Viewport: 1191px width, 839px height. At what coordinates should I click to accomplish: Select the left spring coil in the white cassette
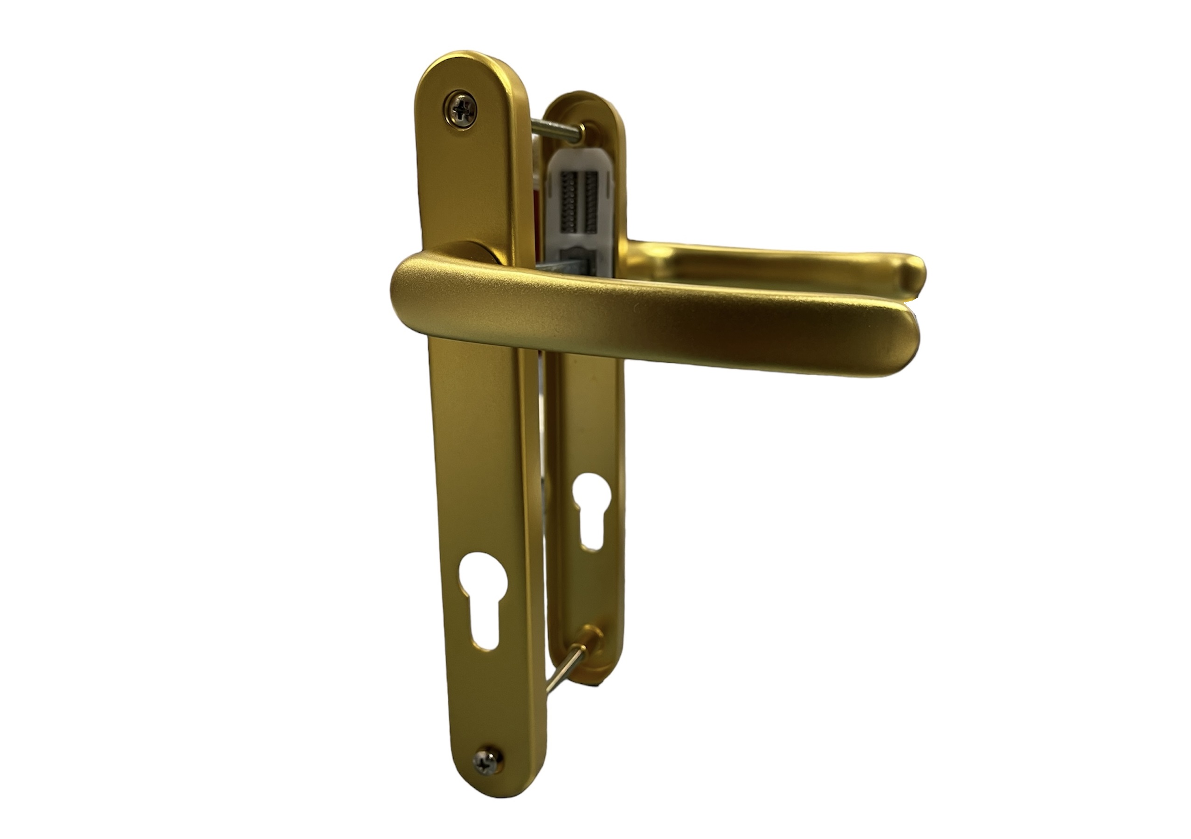[569, 194]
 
